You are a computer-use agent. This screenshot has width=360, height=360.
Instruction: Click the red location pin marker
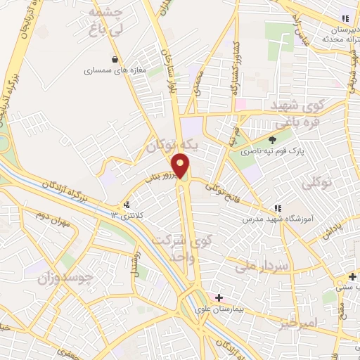coord(181,166)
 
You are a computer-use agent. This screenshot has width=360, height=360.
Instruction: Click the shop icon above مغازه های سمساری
coord(115,59)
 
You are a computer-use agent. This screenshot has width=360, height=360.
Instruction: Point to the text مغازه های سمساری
coord(112,70)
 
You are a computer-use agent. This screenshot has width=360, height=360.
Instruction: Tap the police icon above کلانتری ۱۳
coord(127,205)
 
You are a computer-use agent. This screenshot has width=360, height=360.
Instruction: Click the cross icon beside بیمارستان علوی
coord(219,298)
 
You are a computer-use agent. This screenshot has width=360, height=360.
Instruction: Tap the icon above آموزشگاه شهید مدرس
coord(277,208)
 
